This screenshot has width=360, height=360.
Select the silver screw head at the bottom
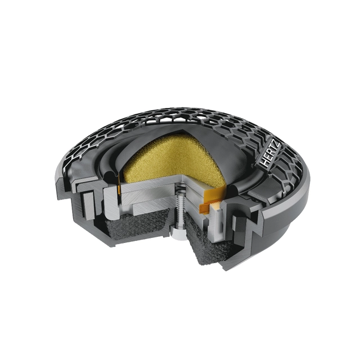(179, 235)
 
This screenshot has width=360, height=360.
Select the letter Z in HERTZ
(277, 145)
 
